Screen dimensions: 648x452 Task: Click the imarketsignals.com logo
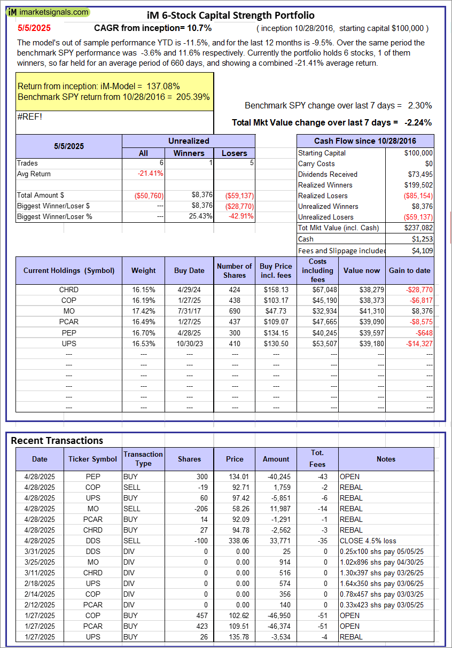point(48,12)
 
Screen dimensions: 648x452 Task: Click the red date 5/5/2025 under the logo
point(34,28)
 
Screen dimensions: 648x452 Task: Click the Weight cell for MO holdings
point(144,311)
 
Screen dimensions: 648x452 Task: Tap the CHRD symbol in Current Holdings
point(69,290)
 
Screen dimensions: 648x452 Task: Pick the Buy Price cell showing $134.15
point(276,332)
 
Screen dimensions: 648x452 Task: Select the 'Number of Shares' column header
point(234,270)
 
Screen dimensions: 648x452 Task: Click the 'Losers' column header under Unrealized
point(234,153)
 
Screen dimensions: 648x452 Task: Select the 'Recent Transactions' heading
point(57,440)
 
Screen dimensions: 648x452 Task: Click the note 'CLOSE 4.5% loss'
point(368,541)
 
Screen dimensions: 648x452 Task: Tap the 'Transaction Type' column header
point(143,459)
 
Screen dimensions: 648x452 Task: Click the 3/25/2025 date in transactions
point(40,562)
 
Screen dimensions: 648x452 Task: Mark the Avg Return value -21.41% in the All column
point(151,174)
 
